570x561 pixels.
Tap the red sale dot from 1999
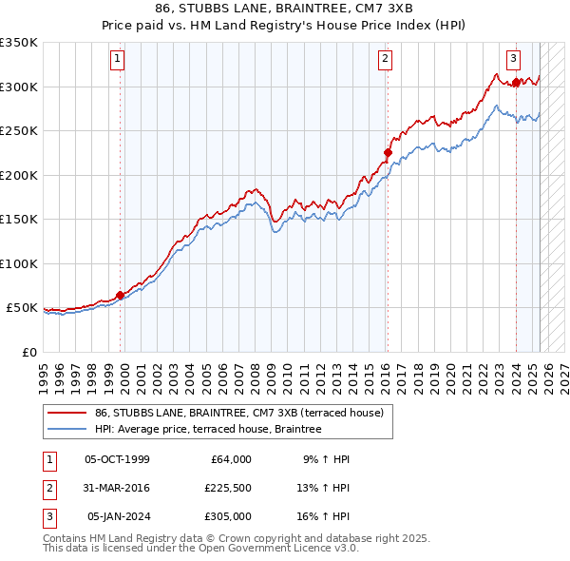tap(121, 295)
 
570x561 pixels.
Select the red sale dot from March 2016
tap(388, 152)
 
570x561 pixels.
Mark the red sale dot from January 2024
tap(516, 83)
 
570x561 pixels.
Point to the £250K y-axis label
tap(19, 131)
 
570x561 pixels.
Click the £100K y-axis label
tap(19, 263)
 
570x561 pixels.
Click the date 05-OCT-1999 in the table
tap(118, 459)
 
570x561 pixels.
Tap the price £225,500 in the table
tap(227, 488)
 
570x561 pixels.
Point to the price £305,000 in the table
tap(227, 516)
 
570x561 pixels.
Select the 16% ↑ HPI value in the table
tap(327, 516)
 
